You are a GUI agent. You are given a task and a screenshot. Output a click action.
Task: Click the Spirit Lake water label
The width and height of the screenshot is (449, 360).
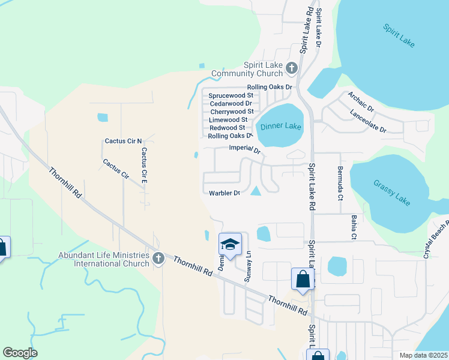click(x=399, y=36)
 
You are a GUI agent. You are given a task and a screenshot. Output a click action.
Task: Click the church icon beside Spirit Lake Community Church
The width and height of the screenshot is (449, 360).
click(x=292, y=67)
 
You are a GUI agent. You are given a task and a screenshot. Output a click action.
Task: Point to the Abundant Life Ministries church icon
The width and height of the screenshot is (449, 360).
click(x=158, y=257)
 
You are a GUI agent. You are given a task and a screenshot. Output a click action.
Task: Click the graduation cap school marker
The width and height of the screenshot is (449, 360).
click(x=230, y=244)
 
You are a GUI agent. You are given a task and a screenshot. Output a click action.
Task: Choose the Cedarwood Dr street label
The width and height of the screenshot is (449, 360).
click(x=230, y=103)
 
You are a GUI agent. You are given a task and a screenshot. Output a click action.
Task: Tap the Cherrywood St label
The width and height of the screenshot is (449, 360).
click(x=232, y=112)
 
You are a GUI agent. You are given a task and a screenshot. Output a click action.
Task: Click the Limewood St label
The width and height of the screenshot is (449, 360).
click(x=228, y=120)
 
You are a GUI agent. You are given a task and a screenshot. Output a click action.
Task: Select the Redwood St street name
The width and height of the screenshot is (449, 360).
click(x=227, y=128)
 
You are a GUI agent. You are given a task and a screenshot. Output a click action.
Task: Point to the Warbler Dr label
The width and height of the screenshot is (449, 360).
click(x=224, y=193)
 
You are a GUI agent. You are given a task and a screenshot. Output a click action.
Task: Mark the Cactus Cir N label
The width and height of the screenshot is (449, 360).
click(x=123, y=141)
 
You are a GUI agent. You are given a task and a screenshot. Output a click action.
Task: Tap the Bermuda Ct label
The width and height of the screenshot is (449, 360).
click(x=340, y=183)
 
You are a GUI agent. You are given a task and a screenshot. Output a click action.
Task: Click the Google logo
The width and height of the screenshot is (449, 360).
click(x=20, y=353)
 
